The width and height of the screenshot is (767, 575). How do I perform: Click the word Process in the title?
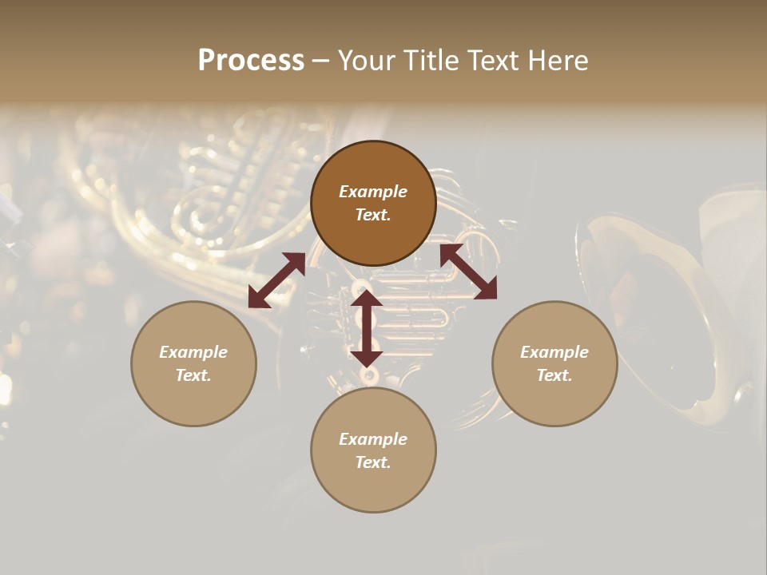pos(251,61)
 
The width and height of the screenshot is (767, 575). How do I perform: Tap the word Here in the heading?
pos(556,61)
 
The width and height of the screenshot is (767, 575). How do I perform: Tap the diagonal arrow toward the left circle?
pos(276,280)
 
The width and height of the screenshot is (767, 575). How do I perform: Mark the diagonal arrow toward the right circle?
pos(468,272)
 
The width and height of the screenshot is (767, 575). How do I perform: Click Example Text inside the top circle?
pos(373,204)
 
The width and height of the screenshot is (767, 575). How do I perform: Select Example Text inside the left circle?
pos(193,363)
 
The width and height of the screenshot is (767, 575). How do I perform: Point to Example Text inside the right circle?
pos(554,363)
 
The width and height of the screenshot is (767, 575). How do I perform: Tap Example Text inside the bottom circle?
pos(373,450)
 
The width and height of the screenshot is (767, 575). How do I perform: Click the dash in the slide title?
pos(320,61)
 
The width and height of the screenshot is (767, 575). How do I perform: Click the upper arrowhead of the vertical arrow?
pos(368,299)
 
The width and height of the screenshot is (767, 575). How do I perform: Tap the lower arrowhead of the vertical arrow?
pos(368,359)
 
